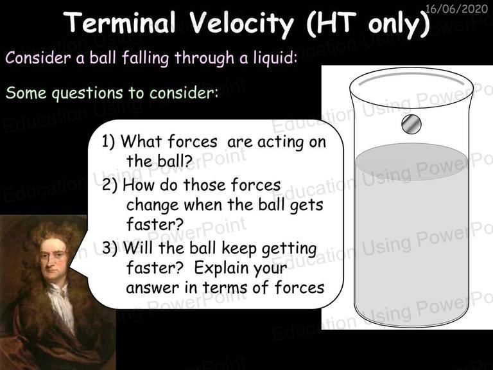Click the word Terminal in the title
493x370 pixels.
point(121,22)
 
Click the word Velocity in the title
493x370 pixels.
point(241,24)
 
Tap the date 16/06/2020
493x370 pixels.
point(456,8)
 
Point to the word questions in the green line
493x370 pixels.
point(87,93)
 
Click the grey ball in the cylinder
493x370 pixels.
point(411,124)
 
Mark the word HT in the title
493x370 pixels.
point(332,24)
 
